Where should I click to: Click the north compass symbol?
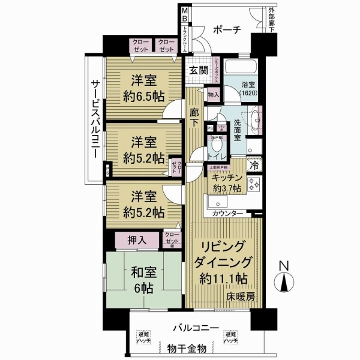[284, 279]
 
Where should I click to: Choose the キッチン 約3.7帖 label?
[226, 184]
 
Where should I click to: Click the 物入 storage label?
[214, 95]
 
